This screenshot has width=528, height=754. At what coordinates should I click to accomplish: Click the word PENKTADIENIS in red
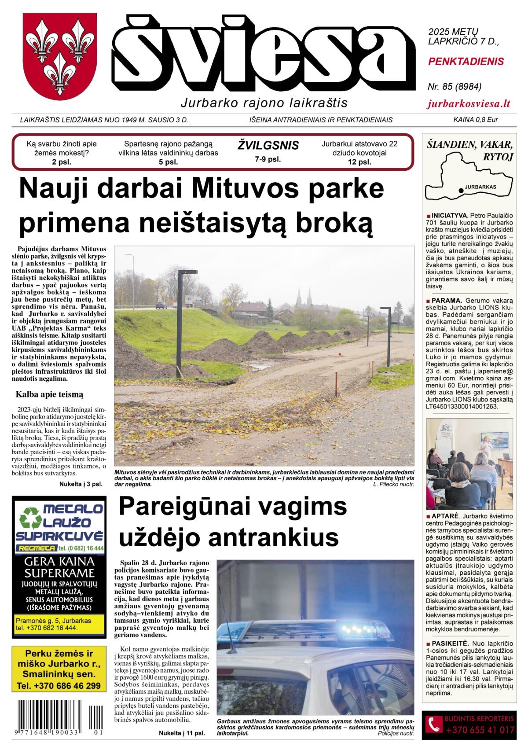[466, 62]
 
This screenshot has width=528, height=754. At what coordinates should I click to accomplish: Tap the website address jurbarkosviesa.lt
[469, 104]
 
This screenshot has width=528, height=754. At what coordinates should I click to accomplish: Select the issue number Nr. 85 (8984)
[455, 87]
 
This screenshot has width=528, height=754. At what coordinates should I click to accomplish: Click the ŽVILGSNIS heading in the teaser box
[268, 145]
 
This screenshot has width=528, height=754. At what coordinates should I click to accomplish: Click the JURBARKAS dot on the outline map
[460, 190]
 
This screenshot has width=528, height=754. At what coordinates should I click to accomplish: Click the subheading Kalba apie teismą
[49, 394]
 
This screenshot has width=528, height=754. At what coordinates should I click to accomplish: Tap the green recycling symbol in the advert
[30, 517]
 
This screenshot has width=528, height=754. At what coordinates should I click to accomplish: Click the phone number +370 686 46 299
[59, 686]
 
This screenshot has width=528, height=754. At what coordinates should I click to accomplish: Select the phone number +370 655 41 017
[480, 730]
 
